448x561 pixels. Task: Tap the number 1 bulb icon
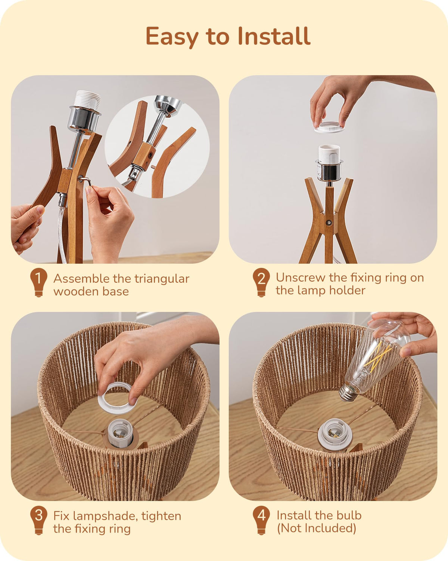[x=38, y=283]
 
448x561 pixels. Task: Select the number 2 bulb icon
[x=261, y=283]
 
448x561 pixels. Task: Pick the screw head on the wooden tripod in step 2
[x=329, y=223]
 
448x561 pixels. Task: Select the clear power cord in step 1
[x=62, y=229]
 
